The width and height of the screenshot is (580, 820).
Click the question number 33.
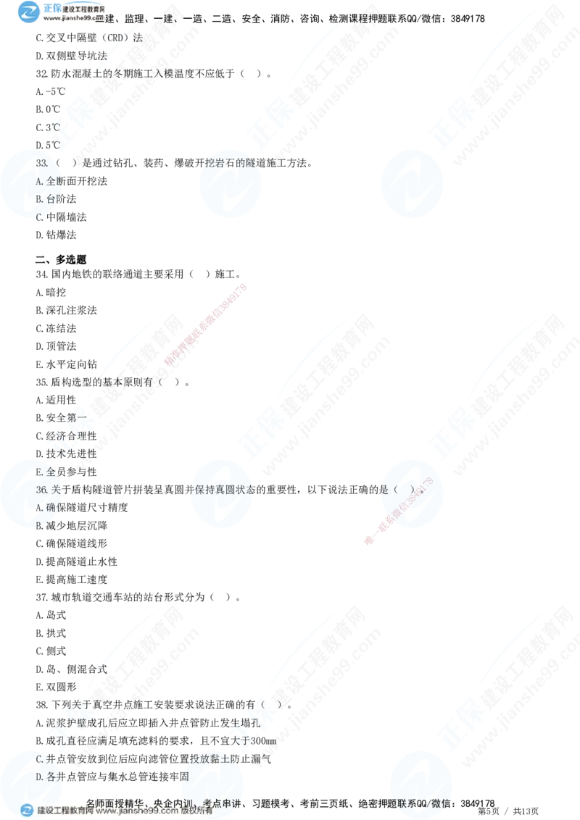(x=41, y=163)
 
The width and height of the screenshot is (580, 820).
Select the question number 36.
(x=41, y=490)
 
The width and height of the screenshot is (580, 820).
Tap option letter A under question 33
(x=39, y=180)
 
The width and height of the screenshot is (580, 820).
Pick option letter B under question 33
(x=39, y=198)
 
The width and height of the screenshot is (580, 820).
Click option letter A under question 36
(x=39, y=507)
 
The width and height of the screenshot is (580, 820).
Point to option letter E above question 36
(x=39, y=472)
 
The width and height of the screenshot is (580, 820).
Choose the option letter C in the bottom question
(x=39, y=759)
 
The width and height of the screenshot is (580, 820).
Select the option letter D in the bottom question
(x=39, y=777)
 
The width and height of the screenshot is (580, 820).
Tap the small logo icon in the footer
(x=26, y=811)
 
